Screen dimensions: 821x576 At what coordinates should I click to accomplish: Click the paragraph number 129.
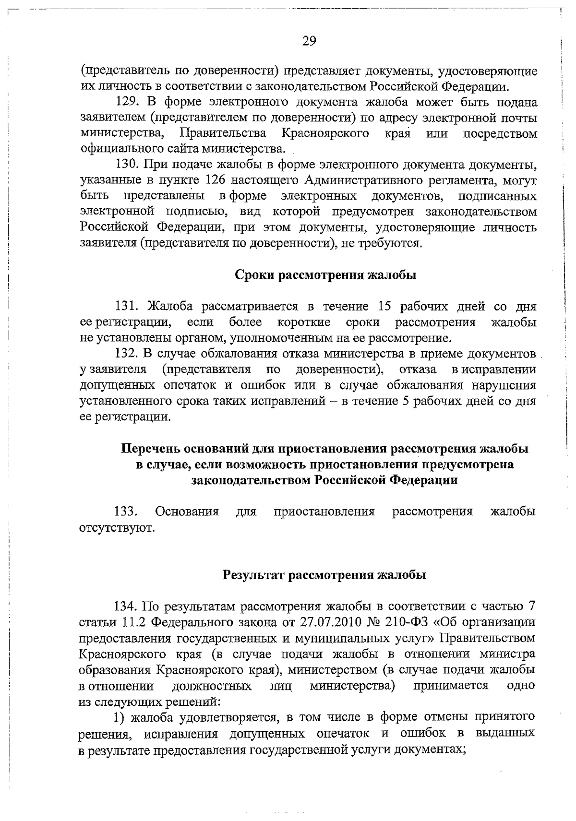[127, 103]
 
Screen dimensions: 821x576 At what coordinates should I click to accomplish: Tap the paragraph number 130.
[127, 165]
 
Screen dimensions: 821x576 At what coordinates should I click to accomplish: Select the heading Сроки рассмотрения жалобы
[325, 275]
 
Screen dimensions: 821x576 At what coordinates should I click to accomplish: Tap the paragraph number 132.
[127, 354]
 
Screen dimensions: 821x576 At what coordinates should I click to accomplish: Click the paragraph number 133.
[126, 512]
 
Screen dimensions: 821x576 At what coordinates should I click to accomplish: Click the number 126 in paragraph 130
[214, 181]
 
